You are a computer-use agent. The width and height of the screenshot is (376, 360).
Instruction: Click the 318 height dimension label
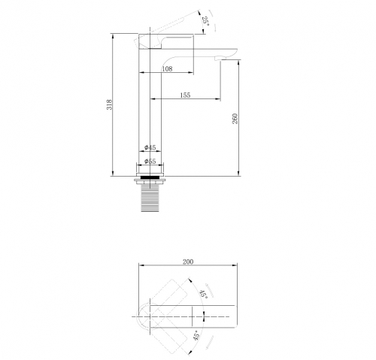tap(110, 104)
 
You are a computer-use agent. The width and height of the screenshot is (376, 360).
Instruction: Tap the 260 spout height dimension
tap(235, 119)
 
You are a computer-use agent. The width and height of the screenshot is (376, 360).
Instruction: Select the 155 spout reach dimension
tap(185, 95)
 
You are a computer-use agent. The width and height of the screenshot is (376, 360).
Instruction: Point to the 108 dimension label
tap(167, 68)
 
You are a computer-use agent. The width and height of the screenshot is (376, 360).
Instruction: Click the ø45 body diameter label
tap(150, 147)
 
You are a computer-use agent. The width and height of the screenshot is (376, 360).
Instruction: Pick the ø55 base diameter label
tap(150, 162)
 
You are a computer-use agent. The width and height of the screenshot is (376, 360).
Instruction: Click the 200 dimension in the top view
tap(188, 262)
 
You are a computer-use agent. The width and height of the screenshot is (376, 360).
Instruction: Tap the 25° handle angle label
tap(205, 21)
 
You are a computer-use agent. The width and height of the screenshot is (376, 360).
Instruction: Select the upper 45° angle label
tap(203, 294)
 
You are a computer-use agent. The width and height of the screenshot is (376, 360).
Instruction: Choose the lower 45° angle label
tap(197, 335)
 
